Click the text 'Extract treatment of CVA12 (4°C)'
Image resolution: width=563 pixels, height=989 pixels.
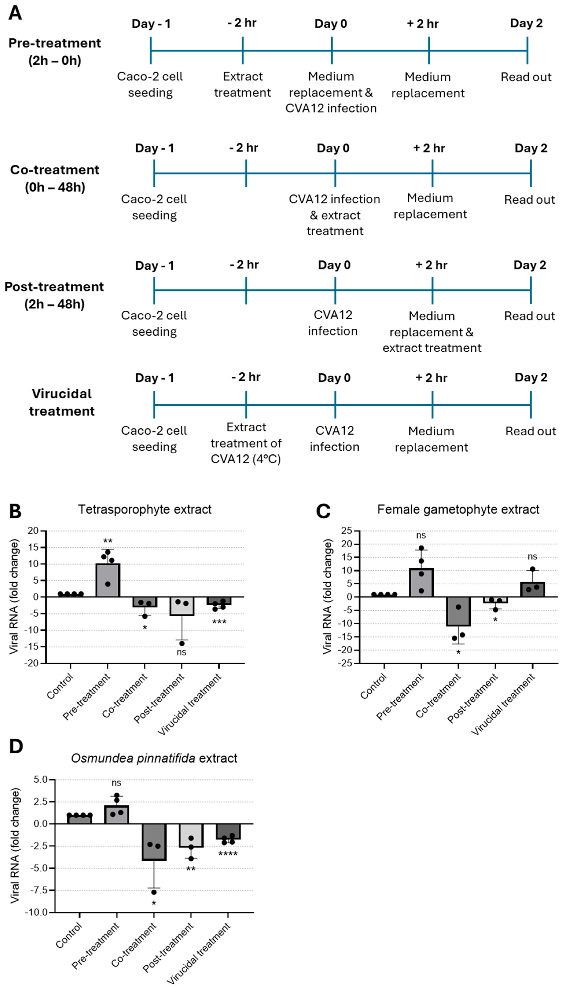[246, 443]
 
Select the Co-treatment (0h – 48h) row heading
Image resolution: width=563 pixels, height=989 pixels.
[55, 178]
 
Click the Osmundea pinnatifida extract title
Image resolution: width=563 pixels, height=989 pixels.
[154, 758]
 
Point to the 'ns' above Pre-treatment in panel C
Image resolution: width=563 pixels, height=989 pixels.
[421, 535]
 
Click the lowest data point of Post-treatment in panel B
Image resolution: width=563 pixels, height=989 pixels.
[182, 644]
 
